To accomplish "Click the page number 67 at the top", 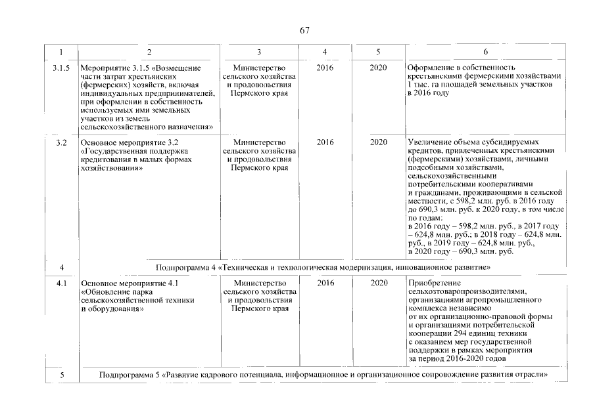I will (x=304, y=30).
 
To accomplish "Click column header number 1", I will (x=61, y=52).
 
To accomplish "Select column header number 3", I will (x=259, y=52).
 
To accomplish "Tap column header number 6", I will (x=485, y=52).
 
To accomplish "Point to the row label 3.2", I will (x=61, y=142).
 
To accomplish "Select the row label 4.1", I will (x=61, y=283).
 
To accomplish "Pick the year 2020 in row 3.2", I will (x=378, y=142).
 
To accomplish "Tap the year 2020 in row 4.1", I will (x=378, y=283).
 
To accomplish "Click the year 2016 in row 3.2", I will (x=325, y=142).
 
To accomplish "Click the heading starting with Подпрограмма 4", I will (x=323, y=268).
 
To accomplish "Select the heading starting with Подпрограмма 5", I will (x=323, y=375).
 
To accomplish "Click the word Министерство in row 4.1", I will (x=259, y=283).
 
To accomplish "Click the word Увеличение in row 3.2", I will (x=431, y=142).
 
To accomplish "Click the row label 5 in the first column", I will (x=61, y=375).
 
